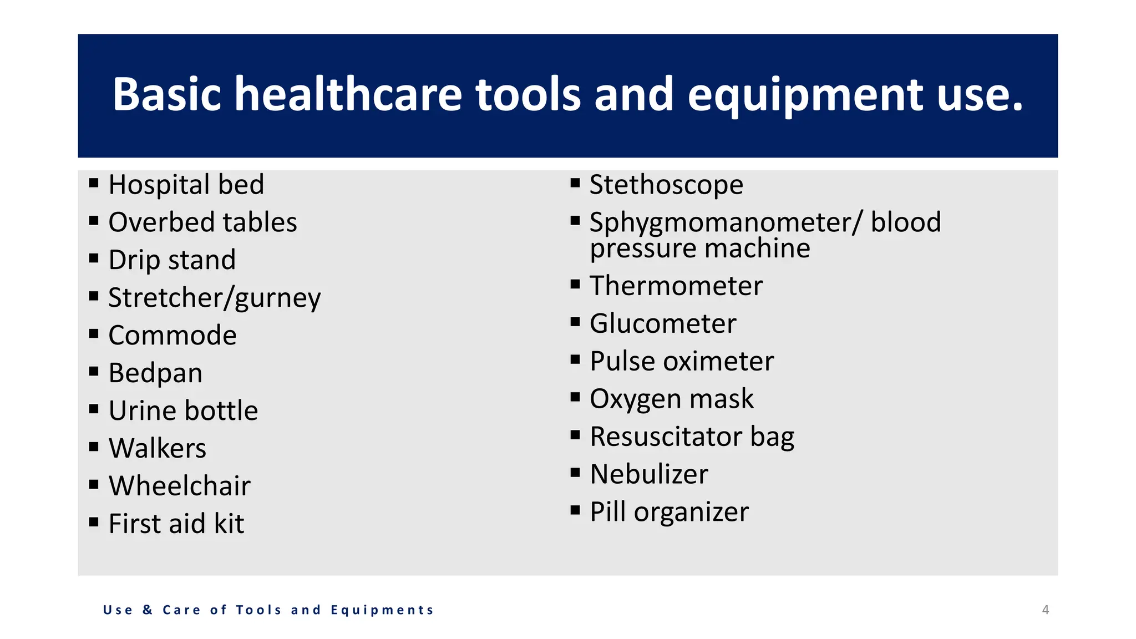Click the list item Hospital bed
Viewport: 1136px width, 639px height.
coord(186,185)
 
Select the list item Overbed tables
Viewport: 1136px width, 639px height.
coord(202,222)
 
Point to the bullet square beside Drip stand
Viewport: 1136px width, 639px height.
coord(94,258)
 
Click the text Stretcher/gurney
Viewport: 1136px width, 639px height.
coord(214,298)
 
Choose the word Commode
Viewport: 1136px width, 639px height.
coord(173,336)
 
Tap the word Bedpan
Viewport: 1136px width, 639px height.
coord(155,373)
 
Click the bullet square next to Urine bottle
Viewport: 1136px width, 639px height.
coord(94,409)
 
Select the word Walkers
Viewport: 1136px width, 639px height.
coord(157,448)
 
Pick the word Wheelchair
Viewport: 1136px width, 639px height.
coord(179,486)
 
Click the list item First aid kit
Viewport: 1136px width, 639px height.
coord(176,524)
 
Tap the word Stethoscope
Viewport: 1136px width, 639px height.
coord(666,185)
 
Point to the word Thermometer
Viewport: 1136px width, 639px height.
coord(676,286)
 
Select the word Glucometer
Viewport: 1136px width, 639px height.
coord(663,323)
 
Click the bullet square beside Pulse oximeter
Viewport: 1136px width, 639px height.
coord(575,359)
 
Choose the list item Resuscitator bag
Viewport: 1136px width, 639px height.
coord(692,437)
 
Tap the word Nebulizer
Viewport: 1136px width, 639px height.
coord(649,474)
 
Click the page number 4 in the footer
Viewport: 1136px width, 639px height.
coord(1045,610)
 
